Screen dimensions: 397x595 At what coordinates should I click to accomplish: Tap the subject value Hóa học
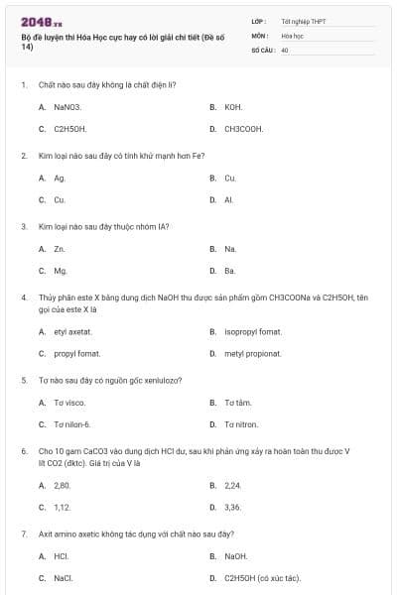291,34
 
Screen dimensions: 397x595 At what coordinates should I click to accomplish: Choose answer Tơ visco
69,402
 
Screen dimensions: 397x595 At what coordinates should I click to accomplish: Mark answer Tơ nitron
241,424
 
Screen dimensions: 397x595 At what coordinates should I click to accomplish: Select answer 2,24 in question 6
233,485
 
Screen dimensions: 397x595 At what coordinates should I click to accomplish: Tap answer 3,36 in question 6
233,507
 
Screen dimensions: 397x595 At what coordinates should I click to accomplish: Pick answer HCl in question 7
61,555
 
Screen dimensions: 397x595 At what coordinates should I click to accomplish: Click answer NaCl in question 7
63,578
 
